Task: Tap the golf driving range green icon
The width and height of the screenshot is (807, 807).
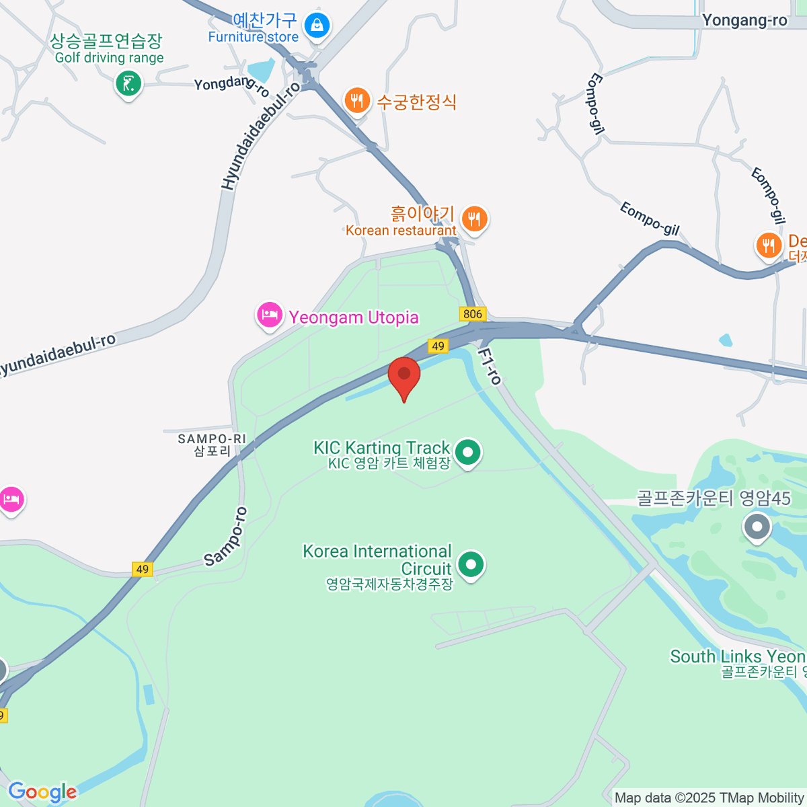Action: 128,84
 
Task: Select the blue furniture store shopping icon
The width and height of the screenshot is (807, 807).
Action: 316,26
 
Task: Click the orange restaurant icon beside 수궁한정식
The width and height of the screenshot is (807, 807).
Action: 357,101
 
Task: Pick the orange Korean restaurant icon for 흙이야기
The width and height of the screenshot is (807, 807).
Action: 475,219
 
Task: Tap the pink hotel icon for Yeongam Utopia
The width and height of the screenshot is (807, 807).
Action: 270,315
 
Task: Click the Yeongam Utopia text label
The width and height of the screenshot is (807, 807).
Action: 354,317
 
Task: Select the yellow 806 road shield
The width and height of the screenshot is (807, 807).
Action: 473,314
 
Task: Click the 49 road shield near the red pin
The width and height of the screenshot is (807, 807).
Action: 438,346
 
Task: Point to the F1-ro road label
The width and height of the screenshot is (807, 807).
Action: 490,366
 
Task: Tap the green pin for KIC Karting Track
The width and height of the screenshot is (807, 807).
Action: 467,452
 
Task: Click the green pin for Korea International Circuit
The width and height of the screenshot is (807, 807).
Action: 470,565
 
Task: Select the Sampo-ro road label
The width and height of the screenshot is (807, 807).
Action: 226,536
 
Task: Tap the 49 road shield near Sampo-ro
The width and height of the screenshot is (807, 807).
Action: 142,569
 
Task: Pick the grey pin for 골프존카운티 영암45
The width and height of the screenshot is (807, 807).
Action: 757,527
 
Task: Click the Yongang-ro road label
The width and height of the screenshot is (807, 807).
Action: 744,20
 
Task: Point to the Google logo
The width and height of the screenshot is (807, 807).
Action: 42,792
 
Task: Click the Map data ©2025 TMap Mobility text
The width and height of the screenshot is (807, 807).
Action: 709,798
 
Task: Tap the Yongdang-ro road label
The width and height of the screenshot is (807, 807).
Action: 231,85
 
